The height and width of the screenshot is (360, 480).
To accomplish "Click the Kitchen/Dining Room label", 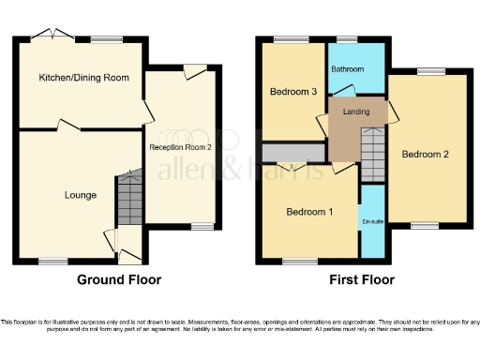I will click(x=82, y=77).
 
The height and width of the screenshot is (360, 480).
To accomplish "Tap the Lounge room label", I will click(x=80, y=195).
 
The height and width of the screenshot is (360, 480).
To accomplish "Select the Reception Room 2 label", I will click(x=181, y=147).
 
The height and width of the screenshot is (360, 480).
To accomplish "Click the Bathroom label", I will click(x=349, y=68).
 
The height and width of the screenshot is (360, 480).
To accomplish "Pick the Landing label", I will click(x=355, y=112).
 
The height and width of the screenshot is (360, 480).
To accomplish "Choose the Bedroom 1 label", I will click(x=308, y=212).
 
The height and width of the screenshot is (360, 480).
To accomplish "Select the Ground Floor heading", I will click(x=119, y=279).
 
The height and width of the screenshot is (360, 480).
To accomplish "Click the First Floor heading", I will click(x=362, y=279).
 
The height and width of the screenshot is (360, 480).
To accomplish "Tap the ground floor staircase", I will click(x=127, y=198).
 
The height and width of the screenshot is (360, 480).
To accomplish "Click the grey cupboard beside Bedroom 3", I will click(x=293, y=152).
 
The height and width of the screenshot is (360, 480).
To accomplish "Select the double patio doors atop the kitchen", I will click(x=51, y=36).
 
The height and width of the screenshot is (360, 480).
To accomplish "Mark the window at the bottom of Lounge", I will click(x=52, y=262).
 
